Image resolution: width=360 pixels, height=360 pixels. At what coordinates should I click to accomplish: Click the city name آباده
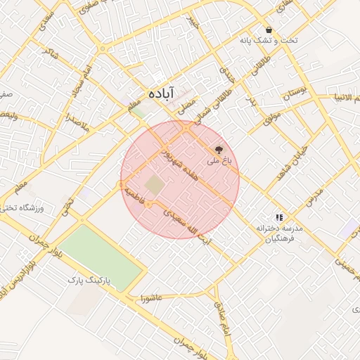pos(161,94)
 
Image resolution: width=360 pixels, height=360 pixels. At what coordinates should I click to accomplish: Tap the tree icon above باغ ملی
pos(219,150)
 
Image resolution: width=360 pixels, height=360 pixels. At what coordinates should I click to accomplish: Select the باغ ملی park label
pos(218,161)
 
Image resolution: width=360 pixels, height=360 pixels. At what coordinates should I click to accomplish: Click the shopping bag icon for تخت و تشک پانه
pos(269,30)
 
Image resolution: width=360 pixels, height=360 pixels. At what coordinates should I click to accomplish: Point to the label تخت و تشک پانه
pos(269,41)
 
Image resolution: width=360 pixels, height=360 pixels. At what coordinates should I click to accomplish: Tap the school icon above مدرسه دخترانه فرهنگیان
pos(279,218)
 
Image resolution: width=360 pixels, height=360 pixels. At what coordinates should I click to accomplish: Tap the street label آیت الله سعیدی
pos(188,224)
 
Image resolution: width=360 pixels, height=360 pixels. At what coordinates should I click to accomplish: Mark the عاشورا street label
pos(150,297)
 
